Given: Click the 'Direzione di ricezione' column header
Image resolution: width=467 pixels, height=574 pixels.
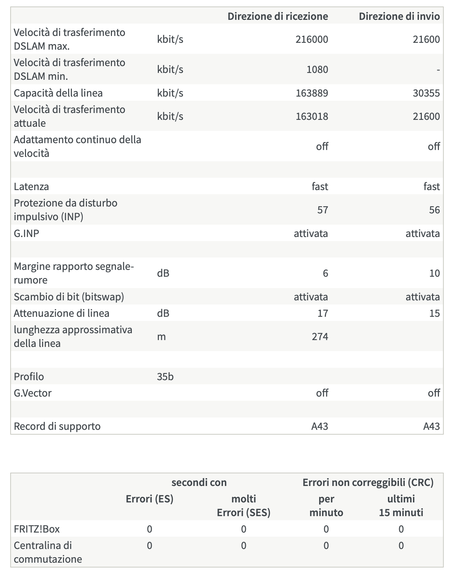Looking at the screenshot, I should pyautogui.click(x=278, y=16).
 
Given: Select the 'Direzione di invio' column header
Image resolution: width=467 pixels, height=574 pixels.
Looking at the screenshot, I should pyautogui.click(x=399, y=16).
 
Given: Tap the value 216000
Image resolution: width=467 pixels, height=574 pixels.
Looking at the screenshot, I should pyautogui.click(x=312, y=39).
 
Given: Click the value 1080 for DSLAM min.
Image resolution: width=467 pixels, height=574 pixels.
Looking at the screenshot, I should pyautogui.click(x=317, y=70).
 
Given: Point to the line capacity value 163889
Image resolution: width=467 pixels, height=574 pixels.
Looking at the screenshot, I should pyautogui.click(x=312, y=93).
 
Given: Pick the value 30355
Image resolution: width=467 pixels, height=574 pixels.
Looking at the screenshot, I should pyautogui.click(x=426, y=93).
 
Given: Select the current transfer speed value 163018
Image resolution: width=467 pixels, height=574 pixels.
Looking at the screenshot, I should pyautogui.click(x=312, y=116).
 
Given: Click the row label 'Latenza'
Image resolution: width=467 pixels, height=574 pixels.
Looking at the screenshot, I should pyautogui.click(x=31, y=187).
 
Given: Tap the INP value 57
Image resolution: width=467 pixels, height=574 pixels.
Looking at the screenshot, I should pyautogui.click(x=323, y=210).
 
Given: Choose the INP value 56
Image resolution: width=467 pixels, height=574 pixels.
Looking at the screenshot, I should pyautogui.click(x=434, y=210).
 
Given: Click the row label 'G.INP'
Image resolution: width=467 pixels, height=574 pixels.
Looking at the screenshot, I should pyautogui.click(x=26, y=234).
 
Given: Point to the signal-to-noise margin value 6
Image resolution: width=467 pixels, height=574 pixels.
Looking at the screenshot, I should pyautogui.click(x=325, y=273).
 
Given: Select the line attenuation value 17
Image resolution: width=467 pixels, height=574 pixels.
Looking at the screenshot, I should pyautogui.click(x=323, y=313).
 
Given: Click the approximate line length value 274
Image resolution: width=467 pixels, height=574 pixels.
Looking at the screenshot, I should pyautogui.click(x=320, y=337).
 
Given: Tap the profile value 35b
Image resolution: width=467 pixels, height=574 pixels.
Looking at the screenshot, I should pyautogui.click(x=165, y=377).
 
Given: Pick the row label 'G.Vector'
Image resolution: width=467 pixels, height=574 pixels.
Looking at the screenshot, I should pyautogui.click(x=33, y=393).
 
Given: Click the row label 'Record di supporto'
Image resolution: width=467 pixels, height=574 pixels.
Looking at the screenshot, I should pyautogui.click(x=57, y=426).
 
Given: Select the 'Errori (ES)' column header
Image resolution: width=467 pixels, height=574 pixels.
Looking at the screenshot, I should pyautogui.click(x=150, y=499).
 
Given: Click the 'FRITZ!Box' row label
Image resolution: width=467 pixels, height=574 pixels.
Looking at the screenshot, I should pyautogui.click(x=37, y=529).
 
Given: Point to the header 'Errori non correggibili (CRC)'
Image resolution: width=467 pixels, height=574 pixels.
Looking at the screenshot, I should pyautogui.click(x=368, y=483).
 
